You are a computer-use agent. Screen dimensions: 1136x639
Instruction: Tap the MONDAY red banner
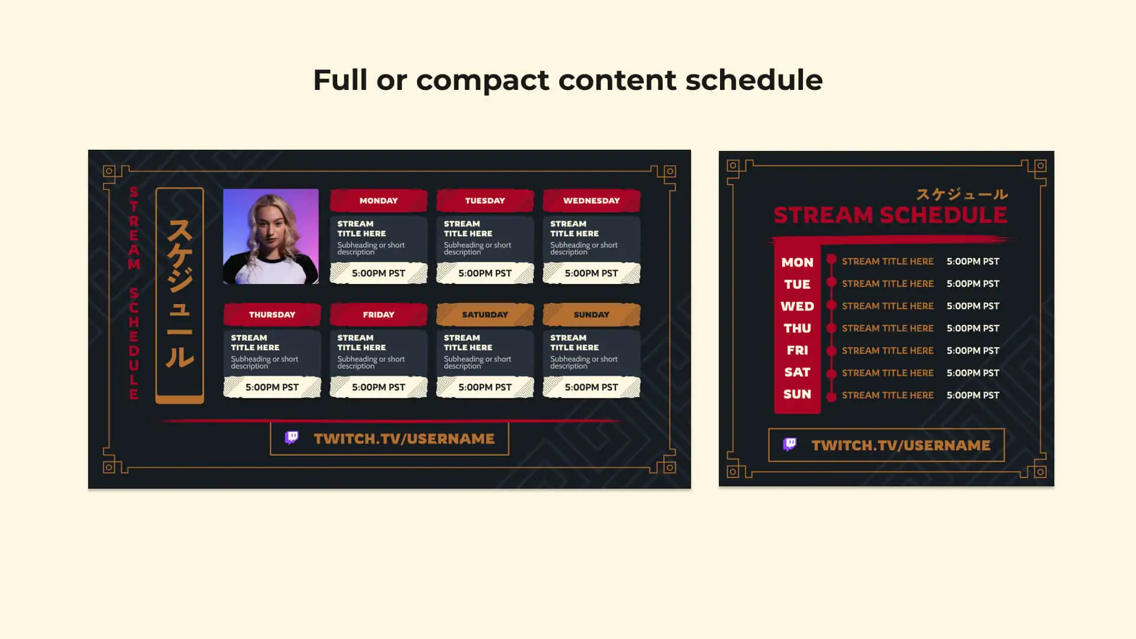click(x=379, y=201)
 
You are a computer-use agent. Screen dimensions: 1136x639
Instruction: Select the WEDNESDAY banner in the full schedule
click(x=592, y=201)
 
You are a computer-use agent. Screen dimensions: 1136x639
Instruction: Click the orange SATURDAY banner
click(x=485, y=315)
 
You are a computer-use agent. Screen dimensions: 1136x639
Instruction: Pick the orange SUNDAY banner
click(x=592, y=315)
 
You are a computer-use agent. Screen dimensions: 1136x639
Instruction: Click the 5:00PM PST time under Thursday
click(x=272, y=388)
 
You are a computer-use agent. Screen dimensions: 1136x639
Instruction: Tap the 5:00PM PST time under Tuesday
click(x=485, y=273)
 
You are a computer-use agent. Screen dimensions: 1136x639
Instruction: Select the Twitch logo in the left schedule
click(x=292, y=438)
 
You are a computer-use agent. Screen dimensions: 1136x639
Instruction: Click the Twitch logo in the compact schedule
click(x=790, y=444)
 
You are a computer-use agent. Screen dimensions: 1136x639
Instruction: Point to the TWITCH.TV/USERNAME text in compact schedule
click(x=901, y=446)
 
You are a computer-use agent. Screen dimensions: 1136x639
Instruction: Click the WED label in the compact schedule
click(x=798, y=306)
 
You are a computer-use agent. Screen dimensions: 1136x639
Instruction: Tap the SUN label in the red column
click(x=798, y=395)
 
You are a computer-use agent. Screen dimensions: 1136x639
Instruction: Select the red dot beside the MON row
click(x=831, y=259)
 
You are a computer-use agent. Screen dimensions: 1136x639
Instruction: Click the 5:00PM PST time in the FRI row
click(x=973, y=351)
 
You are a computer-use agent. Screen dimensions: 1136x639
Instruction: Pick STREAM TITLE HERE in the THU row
click(x=887, y=328)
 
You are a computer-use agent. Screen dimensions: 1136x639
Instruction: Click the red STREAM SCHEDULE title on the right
click(x=890, y=215)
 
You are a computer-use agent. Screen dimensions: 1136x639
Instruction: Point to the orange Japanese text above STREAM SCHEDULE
click(x=962, y=194)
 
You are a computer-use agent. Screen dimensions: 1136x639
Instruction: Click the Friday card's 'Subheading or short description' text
click(x=371, y=362)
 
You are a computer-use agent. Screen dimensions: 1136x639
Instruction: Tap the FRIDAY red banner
click(x=379, y=315)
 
